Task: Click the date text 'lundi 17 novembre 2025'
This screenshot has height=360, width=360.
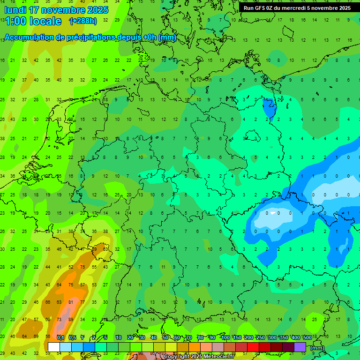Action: click(x=56, y=10)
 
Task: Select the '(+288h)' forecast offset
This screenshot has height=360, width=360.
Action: click(x=83, y=21)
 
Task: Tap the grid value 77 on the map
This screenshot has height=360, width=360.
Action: click(x=82, y=302)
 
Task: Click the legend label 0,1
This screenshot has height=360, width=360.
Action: click(x=60, y=338)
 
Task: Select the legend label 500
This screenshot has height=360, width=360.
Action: click(x=307, y=338)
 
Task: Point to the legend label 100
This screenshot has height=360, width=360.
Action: click(x=225, y=338)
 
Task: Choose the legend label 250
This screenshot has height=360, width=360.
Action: click(x=261, y=338)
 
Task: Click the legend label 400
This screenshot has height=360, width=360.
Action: click(x=296, y=338)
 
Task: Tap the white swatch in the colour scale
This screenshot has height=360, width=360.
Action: click(x=54, y=347)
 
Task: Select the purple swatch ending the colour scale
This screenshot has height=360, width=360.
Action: click(x=300, y=347)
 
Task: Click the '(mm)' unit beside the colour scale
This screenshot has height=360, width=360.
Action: click(x=317, y=348)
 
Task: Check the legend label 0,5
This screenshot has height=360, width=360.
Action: click(x=72, y=338)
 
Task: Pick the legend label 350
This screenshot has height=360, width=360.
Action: click(x=284, y=338)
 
